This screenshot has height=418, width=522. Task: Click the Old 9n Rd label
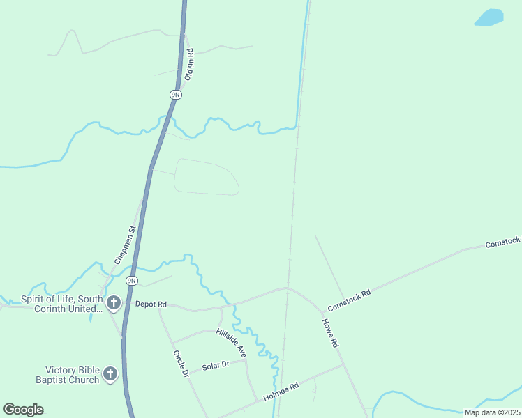[x=188, y=65]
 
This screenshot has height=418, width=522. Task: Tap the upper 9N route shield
[x=176, y=94]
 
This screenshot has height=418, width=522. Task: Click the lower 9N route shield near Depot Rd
[x=131, y=281]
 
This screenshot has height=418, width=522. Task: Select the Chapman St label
[x=123, y=244]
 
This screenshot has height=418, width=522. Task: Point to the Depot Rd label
[x=151, y=304]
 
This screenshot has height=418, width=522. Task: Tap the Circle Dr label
[x=181, y=363]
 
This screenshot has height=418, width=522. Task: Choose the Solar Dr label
[x=215, y=366]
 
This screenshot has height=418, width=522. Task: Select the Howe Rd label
[x=330, y=333]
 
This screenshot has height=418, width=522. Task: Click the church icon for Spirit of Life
[x=113, y=302]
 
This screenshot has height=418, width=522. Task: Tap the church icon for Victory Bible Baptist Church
[x=110, y=375]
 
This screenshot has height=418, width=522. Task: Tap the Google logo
[x=23, y=410]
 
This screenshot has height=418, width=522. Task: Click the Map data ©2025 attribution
[x=492, y=412]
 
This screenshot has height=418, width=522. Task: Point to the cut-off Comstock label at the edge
[x=503, y=242]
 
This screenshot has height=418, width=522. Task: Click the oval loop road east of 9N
[x=206, y=176]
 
